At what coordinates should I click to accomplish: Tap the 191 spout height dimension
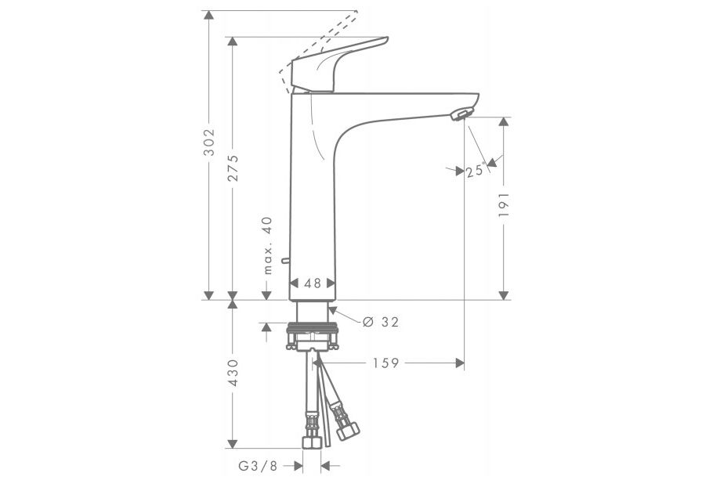click(x=504, y=206)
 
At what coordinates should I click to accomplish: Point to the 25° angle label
click(x=474, y=171)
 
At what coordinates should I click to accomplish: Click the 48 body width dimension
click(x=313, y=284)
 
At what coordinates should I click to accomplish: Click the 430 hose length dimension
click(x=233, y=374)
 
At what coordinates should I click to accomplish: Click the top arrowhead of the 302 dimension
click(x=209, y=16)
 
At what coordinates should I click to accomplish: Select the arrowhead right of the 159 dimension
click(x=460, y=363)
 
